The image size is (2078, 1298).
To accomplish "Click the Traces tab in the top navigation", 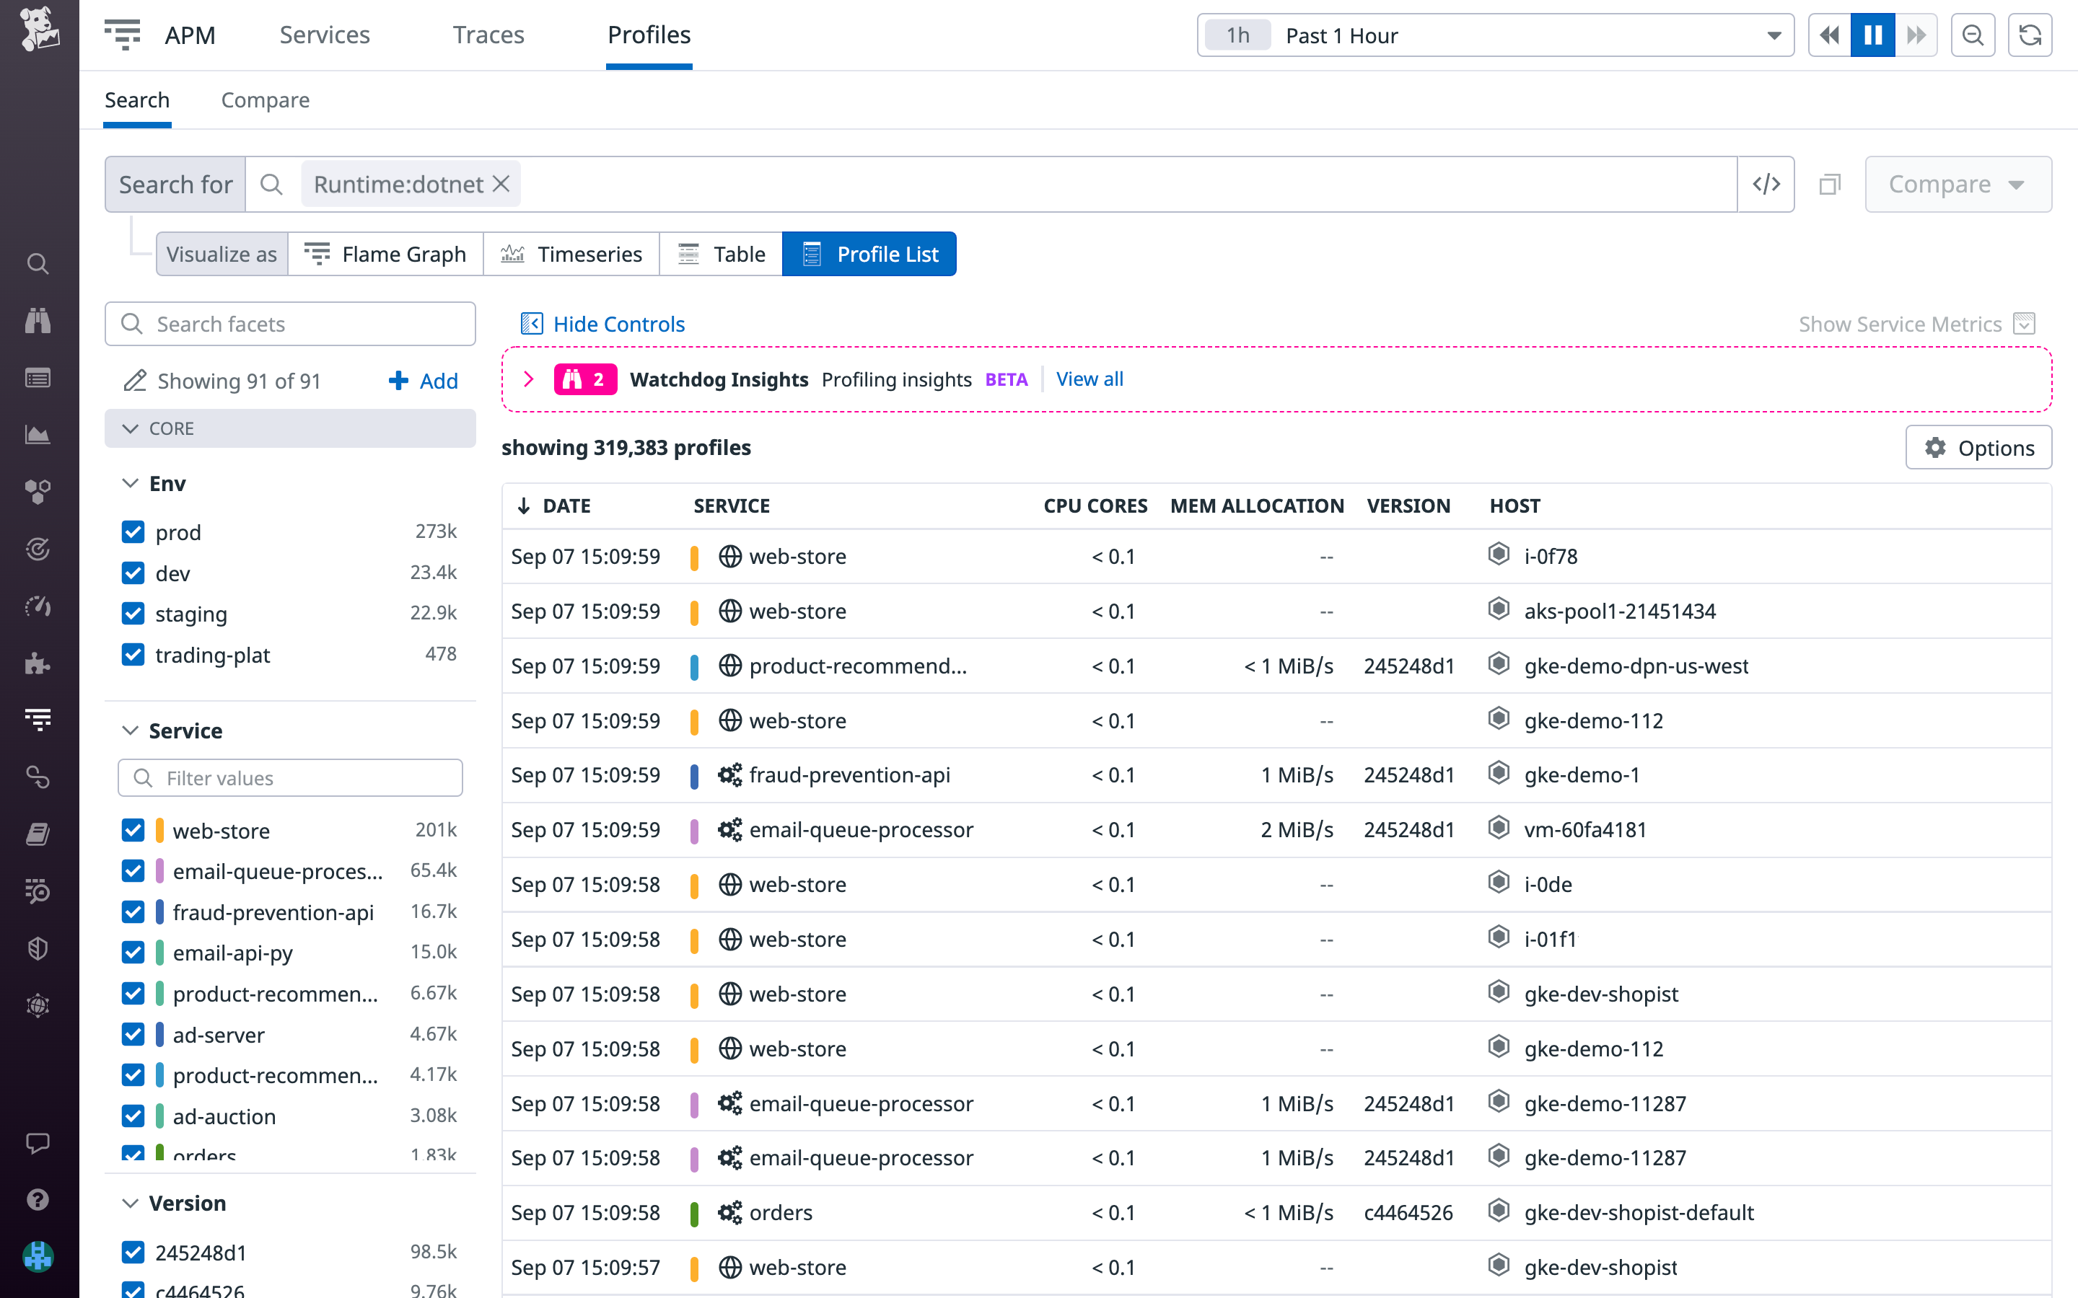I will (x=488, y=35).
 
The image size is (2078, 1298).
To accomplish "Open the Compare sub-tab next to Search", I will (x=265, y=100).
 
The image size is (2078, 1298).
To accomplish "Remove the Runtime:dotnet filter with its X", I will (x=501, y=184).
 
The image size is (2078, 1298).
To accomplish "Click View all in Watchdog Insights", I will (x=1089, y=379).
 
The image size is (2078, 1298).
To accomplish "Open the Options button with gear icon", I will (x=1978, y=447).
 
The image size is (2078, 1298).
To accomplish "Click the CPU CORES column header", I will (x=1095, y=505).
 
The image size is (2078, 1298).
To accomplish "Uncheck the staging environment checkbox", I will (x=133, y=614).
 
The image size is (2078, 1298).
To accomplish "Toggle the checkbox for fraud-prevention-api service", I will (x=133, y=911).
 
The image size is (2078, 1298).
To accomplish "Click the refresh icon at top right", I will (x=2030, y=35).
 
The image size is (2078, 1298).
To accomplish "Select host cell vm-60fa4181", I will (x=1584, y=829).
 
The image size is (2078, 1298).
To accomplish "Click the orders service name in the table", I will (x=780, y=1212).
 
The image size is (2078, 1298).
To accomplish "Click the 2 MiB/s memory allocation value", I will (x=1296, y=829).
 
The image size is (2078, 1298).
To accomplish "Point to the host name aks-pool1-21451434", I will (x=1618, y=612).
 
